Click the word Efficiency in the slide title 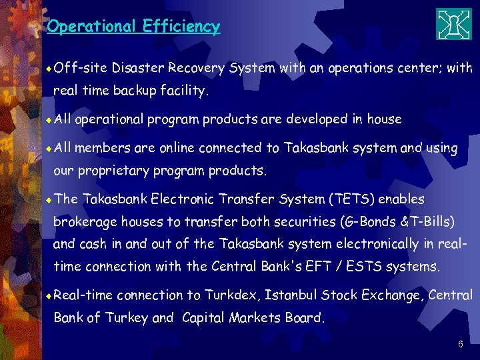[181, 27]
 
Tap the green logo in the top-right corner [453, 25]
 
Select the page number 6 [460, 345]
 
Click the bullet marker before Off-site [51, 68]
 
